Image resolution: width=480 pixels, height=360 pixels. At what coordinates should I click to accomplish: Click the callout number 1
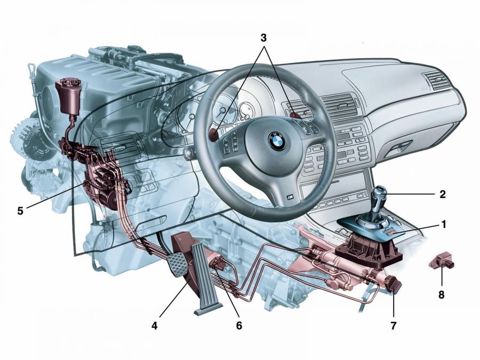click(x=443, y=225)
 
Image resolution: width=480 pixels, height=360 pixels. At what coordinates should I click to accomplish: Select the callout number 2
click(x=442, y=194)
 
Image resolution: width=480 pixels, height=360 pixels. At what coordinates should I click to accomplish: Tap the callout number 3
click(x=263, y=38)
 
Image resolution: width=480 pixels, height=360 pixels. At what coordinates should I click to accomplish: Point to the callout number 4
click(x=155, y=326)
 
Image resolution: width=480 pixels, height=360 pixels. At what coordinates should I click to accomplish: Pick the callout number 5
click(x=20, y=211)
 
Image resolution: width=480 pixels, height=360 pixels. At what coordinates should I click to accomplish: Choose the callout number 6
click(x=239, y=325)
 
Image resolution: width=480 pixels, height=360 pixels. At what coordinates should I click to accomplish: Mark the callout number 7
click(x=393, y=325)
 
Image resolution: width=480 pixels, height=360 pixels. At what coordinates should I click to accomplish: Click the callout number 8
click(x=441, y=295)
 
